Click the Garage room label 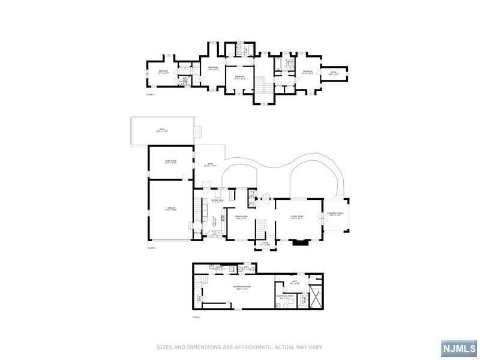[171, 209]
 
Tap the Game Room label [171, 161]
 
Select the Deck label [161, 131]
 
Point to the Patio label [211, 165]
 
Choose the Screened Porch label [335, 214]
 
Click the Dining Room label [241, 217]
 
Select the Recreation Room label [242, 288]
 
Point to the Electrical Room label [285, 296]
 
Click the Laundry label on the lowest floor [220, 268]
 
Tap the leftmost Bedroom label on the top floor [163, 72]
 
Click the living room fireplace [299, 242]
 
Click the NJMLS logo [458, 347]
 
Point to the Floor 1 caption [196, 316]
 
